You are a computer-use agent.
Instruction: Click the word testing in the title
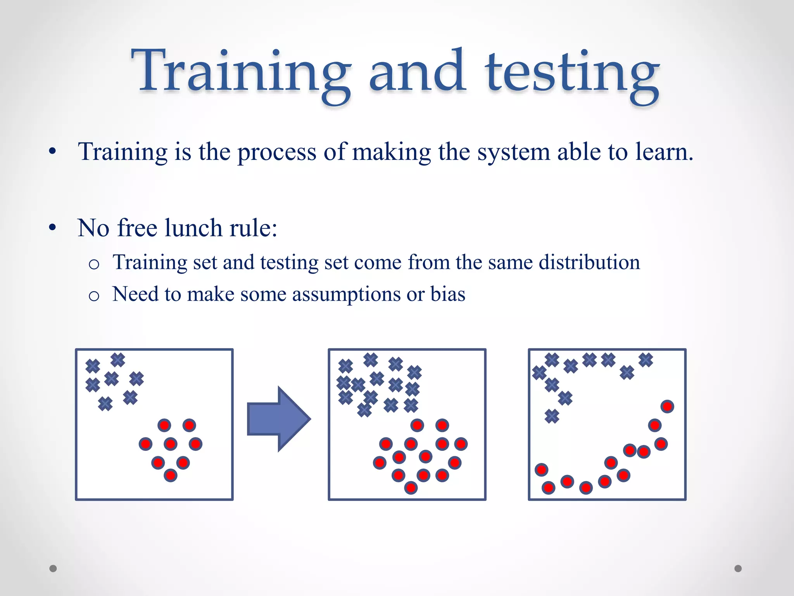(x=571, y=74)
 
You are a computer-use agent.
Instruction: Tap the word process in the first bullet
(x=276, y=152)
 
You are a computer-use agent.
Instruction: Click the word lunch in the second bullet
(x=193, y=228)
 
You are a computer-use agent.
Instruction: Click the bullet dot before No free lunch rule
(x=53, y=228)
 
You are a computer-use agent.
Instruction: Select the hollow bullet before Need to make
(x=94, y=296)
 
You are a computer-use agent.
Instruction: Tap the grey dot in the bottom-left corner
(x=53, y=568)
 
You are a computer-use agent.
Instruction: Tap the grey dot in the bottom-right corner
(x=738, y=568)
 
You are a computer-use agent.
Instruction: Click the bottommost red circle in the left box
(x=170, y=475)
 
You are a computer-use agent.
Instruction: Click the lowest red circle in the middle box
(x=411, y=487)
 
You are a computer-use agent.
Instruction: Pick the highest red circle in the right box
(x=667, y=406)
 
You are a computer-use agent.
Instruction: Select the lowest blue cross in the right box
(x=552, y=416)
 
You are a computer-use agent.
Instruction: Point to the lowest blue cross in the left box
(x=105, y=404)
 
